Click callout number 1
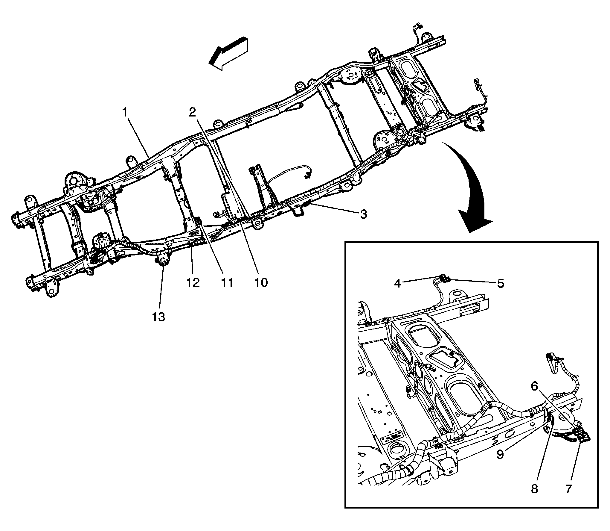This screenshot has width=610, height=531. [x=125, y=113]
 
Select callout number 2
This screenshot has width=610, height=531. [x=193, y=112]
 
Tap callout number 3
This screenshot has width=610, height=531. [x=363, y=214]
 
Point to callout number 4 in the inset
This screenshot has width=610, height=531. [x=397, y=283]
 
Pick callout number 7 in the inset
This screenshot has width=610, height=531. [x=568, y=489]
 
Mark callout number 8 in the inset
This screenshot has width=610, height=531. [x=534, y=489]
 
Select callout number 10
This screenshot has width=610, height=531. [x=261, y=282]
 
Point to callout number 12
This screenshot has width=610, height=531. [x=193, y=282]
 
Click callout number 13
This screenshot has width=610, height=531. [x=158, y=316]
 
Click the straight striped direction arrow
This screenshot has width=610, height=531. [x=229, y=53]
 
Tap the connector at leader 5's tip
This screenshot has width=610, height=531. [x=445, y=279]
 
